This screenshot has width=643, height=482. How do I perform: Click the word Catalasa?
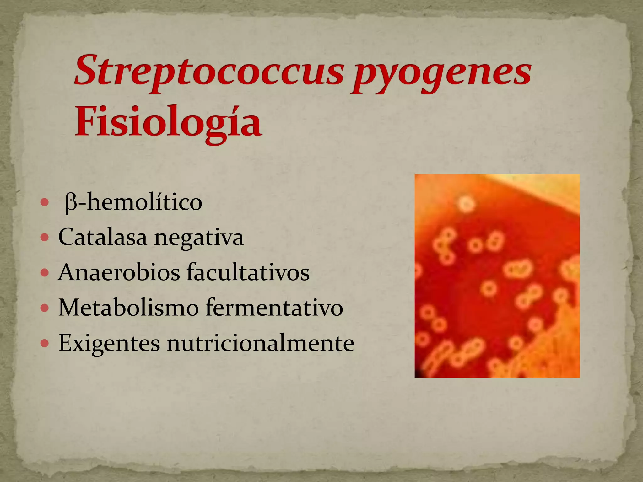coord(102,237)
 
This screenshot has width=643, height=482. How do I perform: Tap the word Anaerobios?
coord(119,272)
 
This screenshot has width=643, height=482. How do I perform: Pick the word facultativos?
coord(248,272)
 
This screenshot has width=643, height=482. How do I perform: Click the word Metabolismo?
coord(128,308)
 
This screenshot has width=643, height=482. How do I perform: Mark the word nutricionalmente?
coord(260,343)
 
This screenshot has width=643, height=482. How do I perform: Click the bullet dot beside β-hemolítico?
coord(45,203)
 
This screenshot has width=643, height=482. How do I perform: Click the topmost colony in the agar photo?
coord(467,205)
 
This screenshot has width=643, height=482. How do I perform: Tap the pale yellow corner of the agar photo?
coord(553,188)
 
